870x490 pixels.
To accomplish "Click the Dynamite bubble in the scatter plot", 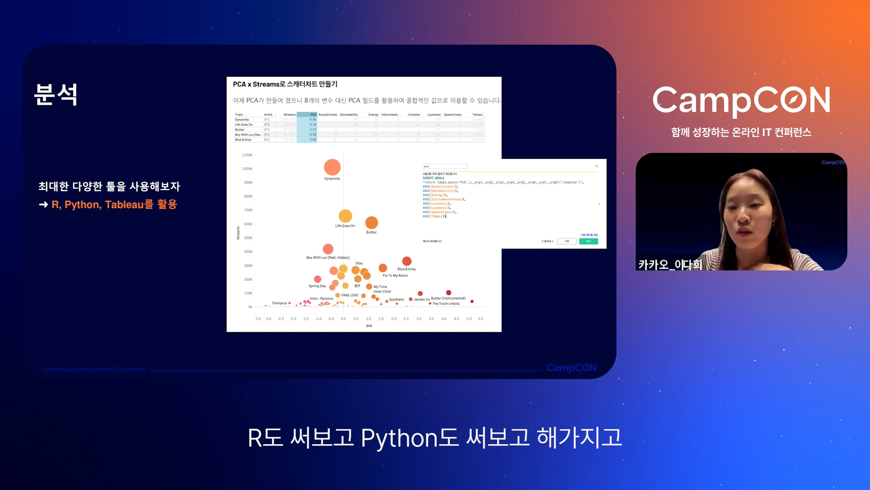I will (x=332, y=167).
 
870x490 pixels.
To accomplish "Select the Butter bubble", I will (x=372, y=223).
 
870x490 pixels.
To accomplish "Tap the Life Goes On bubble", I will (x=345, y=216).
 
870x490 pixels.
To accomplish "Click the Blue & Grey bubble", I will (x=407, y=261).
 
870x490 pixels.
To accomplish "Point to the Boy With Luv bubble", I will (x=328, y=249).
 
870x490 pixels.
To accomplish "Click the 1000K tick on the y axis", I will (x=247, y=169).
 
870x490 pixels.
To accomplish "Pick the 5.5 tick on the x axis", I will (x=481, y=319).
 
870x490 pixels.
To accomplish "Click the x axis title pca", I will (x=369, y=326).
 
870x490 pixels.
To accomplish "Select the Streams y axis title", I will (x=238, y=233).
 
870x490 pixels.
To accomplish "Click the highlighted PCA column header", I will (x=313, y=115).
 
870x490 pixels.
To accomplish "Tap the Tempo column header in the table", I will (x=477, y=115).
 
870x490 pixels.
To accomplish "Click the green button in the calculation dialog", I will (x=588, y=241).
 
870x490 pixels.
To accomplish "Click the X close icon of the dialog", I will (x=597, y=167).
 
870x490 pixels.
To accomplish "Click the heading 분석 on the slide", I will (x=56, y=95).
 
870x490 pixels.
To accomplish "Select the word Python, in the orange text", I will (x=83, y=205).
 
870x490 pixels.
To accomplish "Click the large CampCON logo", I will (x=741, y=100).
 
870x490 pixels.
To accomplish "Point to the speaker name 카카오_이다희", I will (x=670, y=265).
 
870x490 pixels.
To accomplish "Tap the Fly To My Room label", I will (x=395, y=276).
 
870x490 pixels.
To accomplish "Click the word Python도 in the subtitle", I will (x=410, y=438).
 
